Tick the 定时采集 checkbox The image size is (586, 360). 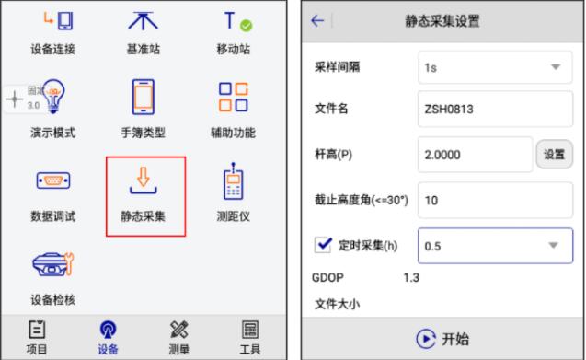click(323, 245)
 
